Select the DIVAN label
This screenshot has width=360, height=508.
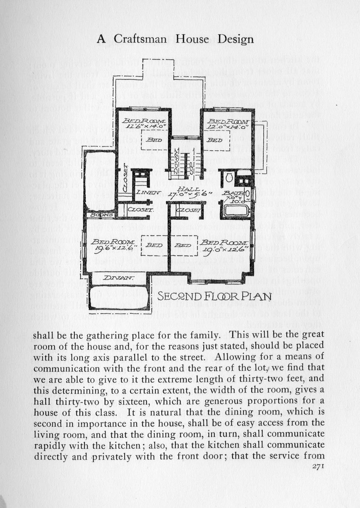114,278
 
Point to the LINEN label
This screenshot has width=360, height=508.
148,192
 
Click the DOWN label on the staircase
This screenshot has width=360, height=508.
176,160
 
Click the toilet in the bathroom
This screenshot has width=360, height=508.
228,178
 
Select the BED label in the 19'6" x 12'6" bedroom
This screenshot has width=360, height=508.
155,244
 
